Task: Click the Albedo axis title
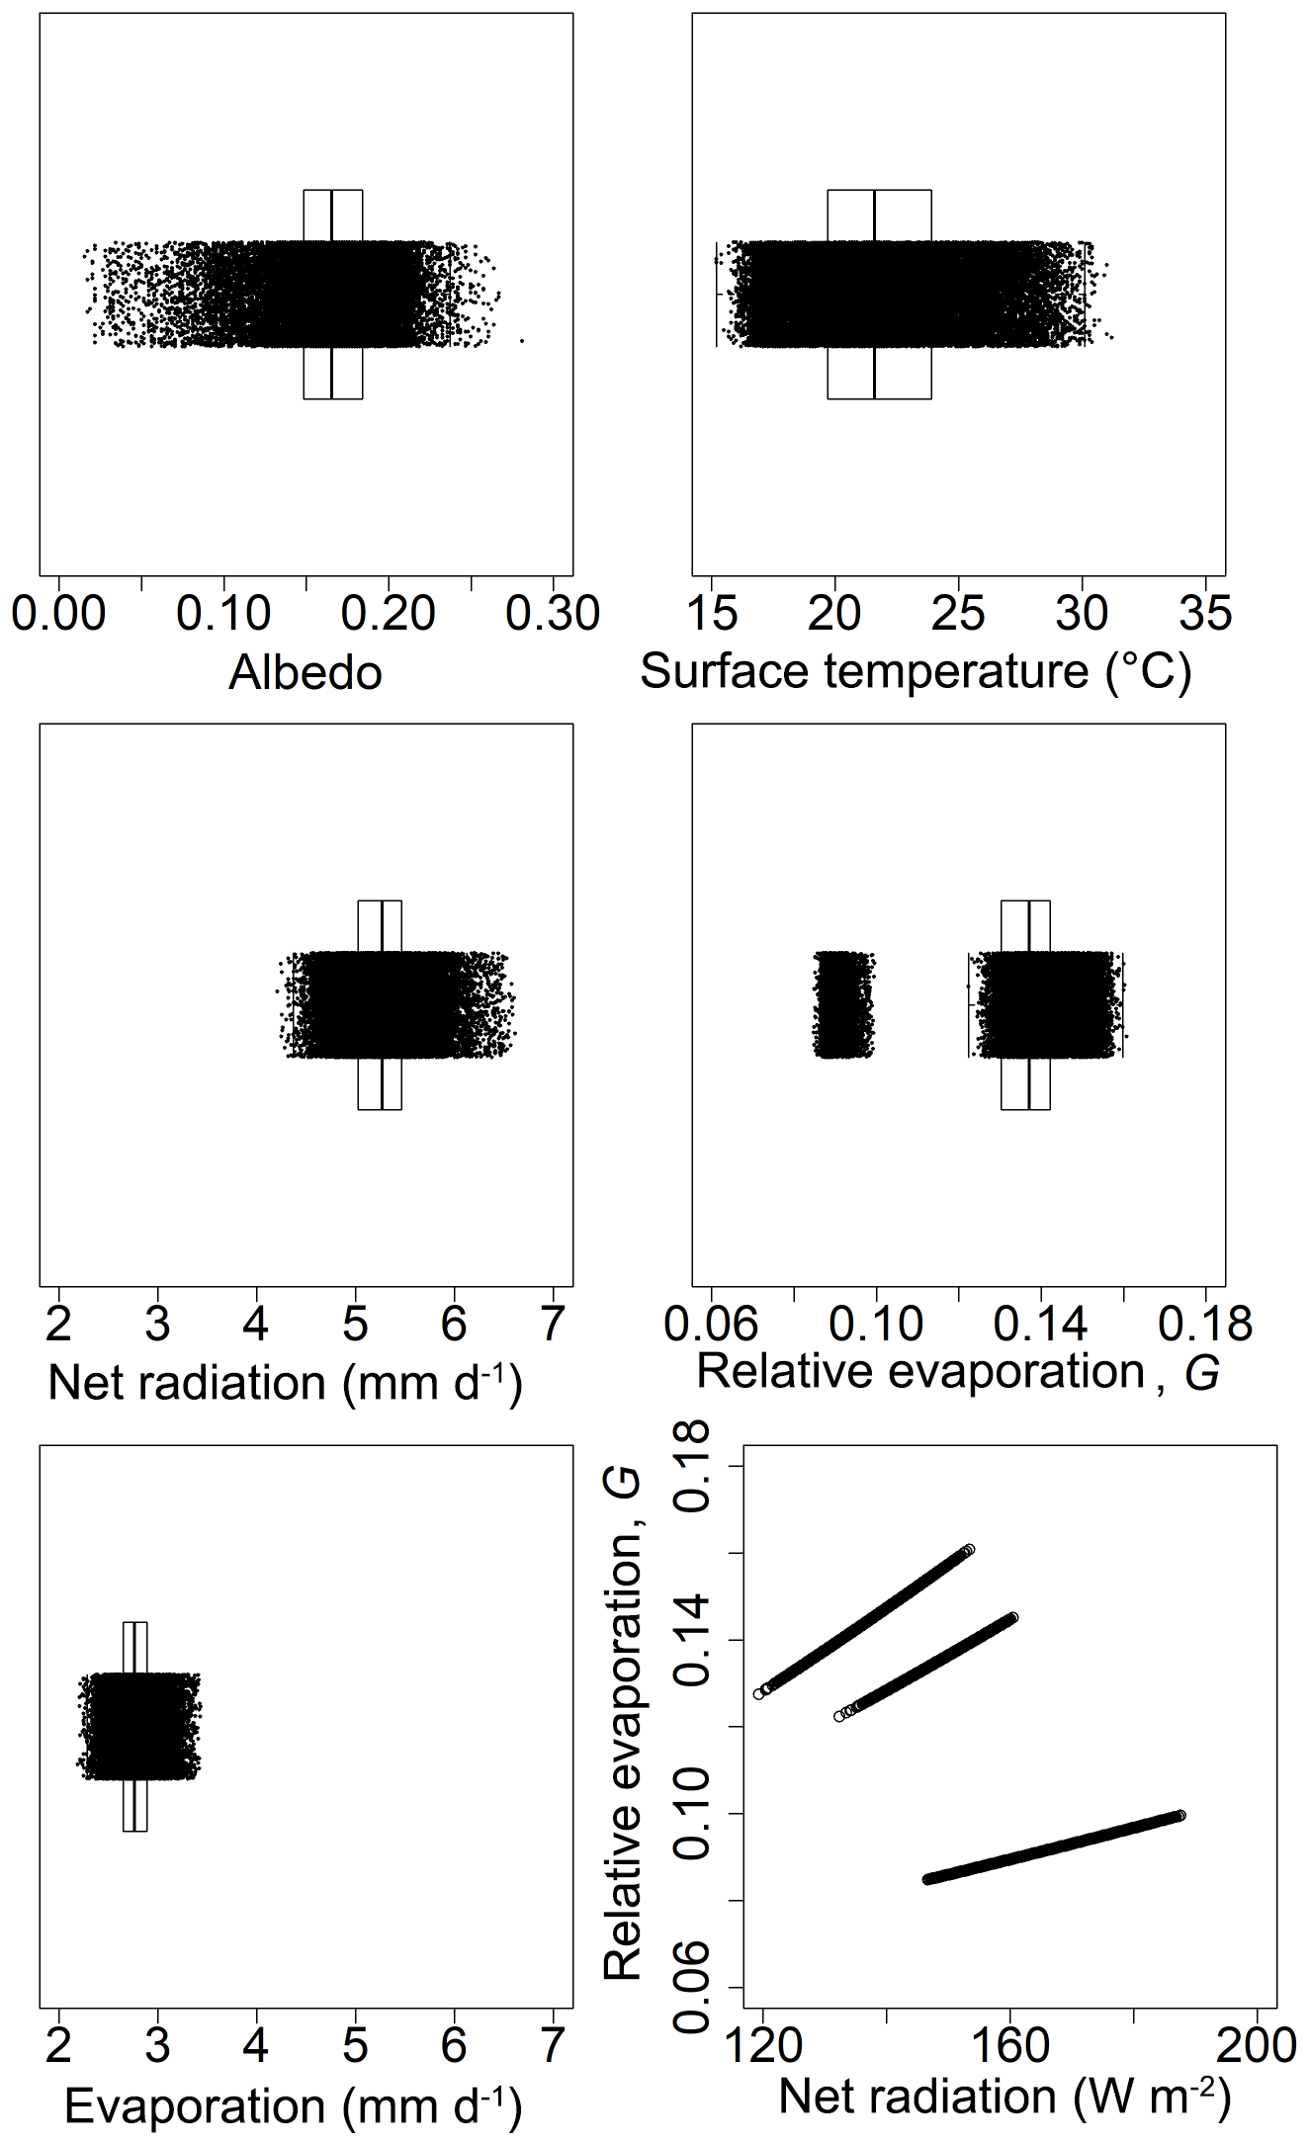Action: (x=305, y=673)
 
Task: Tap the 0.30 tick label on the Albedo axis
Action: (x=553, y=614)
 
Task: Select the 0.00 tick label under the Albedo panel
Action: (x=58, y=614)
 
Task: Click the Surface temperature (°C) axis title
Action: (x=916, y=672)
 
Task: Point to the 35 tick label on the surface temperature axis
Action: (x=1205, y=614)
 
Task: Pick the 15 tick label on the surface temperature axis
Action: (x=712, y=614)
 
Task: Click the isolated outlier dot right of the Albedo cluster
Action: (x=521, y=341)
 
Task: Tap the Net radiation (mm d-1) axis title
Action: (x=285, y=1382)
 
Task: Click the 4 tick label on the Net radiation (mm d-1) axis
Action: (x=256, y=1324)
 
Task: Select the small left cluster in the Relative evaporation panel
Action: (x=843, y=1004)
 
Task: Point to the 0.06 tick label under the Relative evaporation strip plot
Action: (x=711, y=1324)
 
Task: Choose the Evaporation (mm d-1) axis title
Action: (x=293, y=2106)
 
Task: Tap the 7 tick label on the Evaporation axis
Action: (x=553, y=2045)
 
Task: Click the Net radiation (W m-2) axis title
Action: (x=1004, y=2097)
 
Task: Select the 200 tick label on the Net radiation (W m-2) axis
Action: (x=1256, y=2045)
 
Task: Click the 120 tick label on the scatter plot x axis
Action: (x=763, y=2045)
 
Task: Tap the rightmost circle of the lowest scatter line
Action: (x=1180, y=1816)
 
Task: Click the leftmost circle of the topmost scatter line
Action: (x=758, y=1693)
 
